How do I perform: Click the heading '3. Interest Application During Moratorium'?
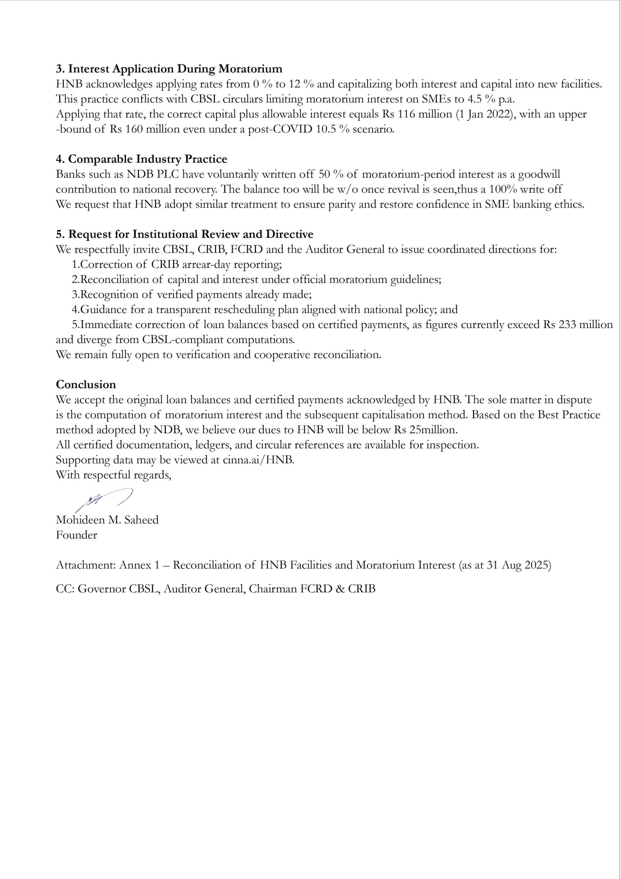click(x=169, y=69)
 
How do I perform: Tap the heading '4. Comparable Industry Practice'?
click(x=141, y=159)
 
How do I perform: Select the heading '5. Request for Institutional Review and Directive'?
click(x=185, y=234)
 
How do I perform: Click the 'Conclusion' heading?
click(x=86, y=384)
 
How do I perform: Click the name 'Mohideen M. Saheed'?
click(x=107, y=520)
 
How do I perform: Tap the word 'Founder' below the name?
click(x=76, y=535)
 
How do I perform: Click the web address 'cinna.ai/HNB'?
click(x=258, y=460)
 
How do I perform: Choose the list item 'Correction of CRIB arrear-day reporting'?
click(x=177, y=265)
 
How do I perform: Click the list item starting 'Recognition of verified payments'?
click(x=192, y=294)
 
